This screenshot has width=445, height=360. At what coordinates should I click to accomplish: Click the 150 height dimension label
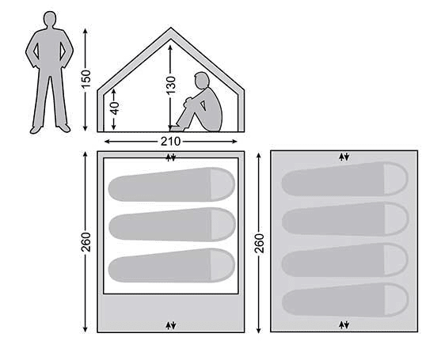86,78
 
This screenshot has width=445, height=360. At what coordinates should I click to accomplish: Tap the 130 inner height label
171,85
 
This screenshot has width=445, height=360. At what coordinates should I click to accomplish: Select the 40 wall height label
114,108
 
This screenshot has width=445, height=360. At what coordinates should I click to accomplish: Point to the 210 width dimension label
170,142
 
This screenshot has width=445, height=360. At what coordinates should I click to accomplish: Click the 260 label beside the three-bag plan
86,242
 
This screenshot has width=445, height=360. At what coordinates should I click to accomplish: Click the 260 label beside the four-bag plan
259,244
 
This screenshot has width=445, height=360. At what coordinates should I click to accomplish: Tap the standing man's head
50,19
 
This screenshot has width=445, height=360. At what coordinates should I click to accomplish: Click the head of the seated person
201,80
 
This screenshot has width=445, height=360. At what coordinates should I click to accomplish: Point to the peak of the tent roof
170,28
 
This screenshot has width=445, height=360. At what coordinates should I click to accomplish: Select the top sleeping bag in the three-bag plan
172,184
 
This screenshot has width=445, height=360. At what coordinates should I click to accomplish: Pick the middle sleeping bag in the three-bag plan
172,225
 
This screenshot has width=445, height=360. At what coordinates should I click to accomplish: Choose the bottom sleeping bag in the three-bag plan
172,265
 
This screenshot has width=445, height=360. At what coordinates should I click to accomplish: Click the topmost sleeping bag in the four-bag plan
344,179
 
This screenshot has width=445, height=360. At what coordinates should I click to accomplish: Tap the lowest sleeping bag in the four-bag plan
345,300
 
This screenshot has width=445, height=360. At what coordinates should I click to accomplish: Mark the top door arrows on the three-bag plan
171,157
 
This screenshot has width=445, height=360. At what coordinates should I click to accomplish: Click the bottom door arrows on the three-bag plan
171,325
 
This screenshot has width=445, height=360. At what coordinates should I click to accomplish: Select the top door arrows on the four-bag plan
344,157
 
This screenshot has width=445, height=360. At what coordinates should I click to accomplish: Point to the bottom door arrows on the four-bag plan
344,325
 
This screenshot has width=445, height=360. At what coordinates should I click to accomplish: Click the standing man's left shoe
64,128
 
